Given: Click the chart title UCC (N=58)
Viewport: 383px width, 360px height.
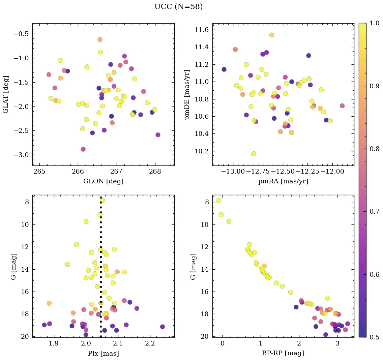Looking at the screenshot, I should click(x=178, y=7).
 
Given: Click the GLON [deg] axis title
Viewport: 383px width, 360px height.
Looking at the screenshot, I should click(x=103, y=181).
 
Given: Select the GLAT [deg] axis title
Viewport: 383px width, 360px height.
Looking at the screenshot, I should click(x=6, y=94).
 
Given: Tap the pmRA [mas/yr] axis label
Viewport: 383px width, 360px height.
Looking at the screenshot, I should click(x=283, y=181).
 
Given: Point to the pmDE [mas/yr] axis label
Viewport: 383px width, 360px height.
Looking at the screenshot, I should click(x=187, y=95).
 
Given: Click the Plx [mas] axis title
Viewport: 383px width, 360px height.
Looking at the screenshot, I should click(x=103, y=354).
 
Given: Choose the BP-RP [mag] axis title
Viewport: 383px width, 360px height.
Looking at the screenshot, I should click(x=283, y=354).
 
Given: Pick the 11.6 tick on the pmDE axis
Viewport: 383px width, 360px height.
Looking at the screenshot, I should click(x=202, y=30).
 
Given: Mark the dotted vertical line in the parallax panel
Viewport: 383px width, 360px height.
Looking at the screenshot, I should click(x=100, y=270).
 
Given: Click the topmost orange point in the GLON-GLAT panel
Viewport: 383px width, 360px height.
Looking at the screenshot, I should click(x=100, y=39).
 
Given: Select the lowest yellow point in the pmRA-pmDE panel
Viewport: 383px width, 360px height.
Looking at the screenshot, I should click(x=254, y=154).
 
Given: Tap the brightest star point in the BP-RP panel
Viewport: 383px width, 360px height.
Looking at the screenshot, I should click(x=218, y=201).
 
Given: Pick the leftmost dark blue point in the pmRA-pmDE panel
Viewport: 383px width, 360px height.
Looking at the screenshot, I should click(x=224, y=69).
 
